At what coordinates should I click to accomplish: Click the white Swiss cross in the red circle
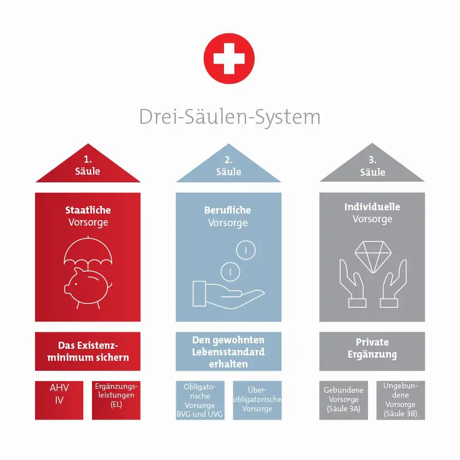229,59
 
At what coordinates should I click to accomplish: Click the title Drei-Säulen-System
229,117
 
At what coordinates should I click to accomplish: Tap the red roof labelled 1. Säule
88,167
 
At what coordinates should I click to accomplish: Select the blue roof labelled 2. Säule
228,167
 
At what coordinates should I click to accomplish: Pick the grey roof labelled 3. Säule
372,167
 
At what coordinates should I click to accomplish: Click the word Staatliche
88,210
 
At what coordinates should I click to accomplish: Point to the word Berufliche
228,210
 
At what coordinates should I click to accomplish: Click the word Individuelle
372,206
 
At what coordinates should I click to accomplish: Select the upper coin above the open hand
246,250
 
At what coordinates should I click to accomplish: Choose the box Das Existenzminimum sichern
88,352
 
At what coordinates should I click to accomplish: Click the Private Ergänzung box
372,352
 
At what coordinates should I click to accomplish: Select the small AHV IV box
59,400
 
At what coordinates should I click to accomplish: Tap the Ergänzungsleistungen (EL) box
116,400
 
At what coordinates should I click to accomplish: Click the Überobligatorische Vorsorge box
257,400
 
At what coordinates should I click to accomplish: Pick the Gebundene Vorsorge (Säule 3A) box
343,400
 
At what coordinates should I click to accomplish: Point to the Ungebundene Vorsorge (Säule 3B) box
401,400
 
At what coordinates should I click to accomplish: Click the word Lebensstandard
228,352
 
